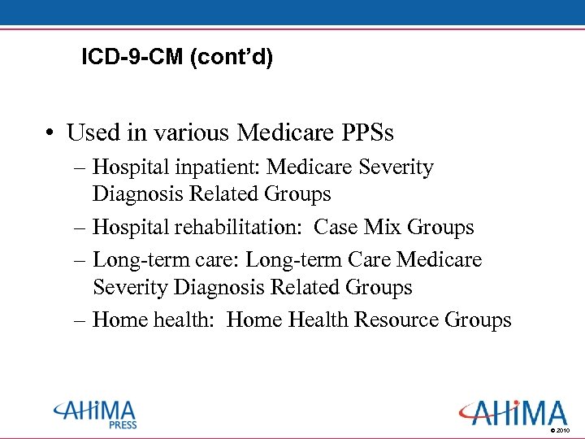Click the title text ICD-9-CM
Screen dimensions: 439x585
pos(135,57)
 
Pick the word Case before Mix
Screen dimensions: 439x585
pos(336,228)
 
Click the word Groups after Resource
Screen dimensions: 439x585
pos(479,320)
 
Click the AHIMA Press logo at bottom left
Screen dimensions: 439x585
pos(96,413)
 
